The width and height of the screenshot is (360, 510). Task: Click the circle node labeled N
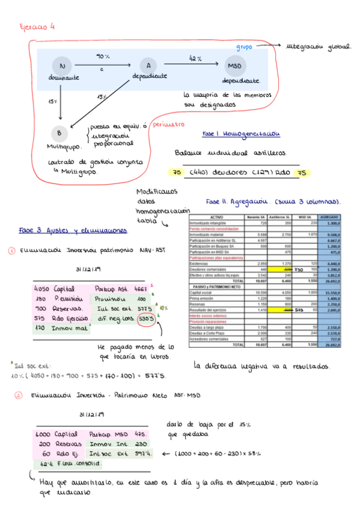pyautogui.click(x=63, y=65)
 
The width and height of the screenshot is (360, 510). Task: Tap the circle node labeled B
pyautogui.click(x=59, y=134)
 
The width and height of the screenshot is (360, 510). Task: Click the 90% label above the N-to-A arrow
pyautogui.click(x=103, y=56)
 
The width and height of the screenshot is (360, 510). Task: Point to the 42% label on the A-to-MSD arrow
pyautogui.click(x=195, y=58)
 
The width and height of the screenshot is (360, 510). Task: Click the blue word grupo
pyautogui.click(x=243, y=46)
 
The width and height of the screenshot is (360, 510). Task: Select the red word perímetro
pyautogui.click(x=168, y=126)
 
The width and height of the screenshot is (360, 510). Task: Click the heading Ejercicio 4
pyautogui.click(x=37, y=26)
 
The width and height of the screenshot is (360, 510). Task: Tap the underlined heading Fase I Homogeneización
pyautogui.click(x=241, y=134)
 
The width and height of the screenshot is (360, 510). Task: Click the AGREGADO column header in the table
pyautogui.click(x=329, y=217)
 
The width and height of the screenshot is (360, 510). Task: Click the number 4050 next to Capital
pyautogui.click(x=41, y=288)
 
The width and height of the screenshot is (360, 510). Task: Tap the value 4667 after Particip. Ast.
pyautogui.click(x=140, y=288)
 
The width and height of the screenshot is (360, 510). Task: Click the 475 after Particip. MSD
pyautogui.click(x=141, y=434)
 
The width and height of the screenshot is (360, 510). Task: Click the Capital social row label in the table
pyautogui.click(x=203, y=292)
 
